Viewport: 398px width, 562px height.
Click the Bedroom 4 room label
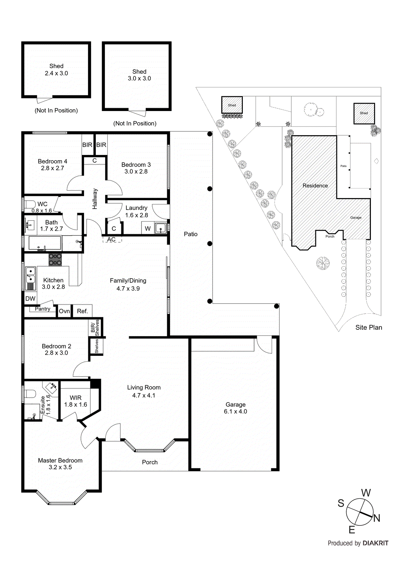52,161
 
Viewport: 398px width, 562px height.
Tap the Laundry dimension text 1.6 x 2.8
137,215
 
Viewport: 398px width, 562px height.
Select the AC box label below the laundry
112,240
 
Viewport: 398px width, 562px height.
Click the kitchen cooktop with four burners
55,259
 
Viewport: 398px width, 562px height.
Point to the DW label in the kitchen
30,299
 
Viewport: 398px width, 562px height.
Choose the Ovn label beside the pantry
64,311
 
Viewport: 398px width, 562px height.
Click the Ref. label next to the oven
82,311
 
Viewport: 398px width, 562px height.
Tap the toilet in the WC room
30,204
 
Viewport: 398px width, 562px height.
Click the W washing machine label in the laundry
147,228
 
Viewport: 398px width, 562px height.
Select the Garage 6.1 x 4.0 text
235,408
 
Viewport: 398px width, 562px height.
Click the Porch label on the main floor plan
150,462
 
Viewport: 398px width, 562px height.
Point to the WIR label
76,398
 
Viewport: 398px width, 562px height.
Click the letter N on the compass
377,518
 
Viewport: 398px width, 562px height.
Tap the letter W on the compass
366,493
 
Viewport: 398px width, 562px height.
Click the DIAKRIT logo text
375,543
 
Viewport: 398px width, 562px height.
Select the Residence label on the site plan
315,185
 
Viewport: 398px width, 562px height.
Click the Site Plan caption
368,327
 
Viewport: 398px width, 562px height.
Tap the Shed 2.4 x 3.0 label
56,70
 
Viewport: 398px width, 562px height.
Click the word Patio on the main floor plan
191,234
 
